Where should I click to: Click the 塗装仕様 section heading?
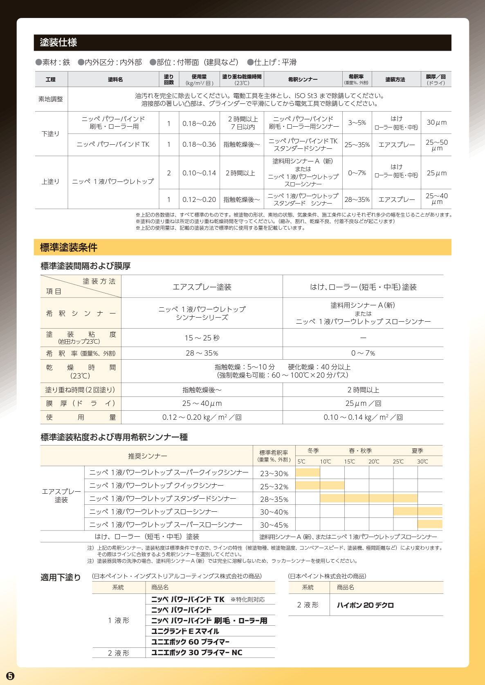coord(58,43)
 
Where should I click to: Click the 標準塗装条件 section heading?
coord(68,247)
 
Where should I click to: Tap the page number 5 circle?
coord(10,676)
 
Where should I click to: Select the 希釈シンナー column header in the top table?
coord(303,79)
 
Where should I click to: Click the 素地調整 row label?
coord(51,99)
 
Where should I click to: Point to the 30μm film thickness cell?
coord(436,122)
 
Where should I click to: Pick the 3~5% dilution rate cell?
coord(357,123)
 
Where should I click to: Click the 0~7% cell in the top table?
coord(357,173)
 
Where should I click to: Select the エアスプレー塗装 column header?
coord(202,287)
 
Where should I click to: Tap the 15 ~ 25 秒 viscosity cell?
coord(202,338)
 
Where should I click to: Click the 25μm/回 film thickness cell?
coord(363,403)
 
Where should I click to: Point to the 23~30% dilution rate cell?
coord(274,473)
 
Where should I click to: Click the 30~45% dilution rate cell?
coord(274,525)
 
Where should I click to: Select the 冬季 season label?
coord(313,451)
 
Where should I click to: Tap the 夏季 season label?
coord(418,451)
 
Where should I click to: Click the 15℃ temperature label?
coord(349,461)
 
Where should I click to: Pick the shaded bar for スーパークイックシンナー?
coord(308,472)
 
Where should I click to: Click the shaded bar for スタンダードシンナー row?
coord(368,498)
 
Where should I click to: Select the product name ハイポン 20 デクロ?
coord(365,605)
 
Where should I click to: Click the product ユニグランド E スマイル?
coord(185,631)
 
